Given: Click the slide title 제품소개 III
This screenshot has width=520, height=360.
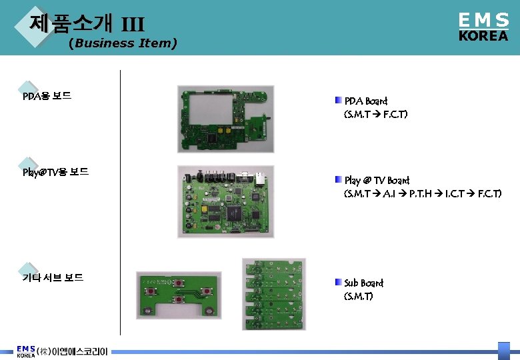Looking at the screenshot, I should (x=87, y=24).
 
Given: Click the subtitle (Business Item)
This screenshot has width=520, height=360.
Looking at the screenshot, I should (x=123, y=44).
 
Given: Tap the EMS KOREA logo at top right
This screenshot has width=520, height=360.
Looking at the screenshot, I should (x=483, y=27).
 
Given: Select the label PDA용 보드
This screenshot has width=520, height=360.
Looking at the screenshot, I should (x=47, y=96).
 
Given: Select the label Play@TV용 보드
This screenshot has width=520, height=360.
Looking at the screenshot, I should (x=55, y=172).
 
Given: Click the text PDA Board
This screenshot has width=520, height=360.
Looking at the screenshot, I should (x=365, y=101).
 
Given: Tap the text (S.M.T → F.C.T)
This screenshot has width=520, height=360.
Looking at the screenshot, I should (x=375, y=115).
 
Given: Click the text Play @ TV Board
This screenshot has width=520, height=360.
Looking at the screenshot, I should (x=377, y=181).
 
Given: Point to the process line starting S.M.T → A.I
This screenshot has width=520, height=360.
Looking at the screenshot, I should (x=422, y=194).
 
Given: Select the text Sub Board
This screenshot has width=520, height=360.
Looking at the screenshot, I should (x=363, y=283).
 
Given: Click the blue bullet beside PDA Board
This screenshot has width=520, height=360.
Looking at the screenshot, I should (x=339, y=101).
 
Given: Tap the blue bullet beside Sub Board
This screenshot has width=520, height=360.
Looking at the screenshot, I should (x=339, y=283).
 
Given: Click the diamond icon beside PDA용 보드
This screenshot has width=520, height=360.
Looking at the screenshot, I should (x=27, y=89).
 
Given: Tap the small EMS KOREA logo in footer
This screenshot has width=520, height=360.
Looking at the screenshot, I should (x=26, y=351).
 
